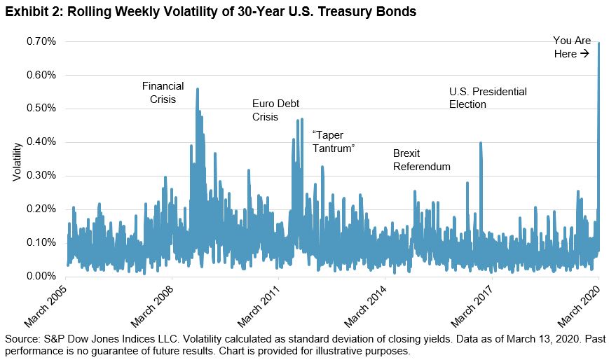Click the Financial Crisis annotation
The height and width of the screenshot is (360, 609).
[x=163, y=92]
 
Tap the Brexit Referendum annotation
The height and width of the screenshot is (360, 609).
[x=421, y=160]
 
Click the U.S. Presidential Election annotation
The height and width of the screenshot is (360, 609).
[x=487, y=98]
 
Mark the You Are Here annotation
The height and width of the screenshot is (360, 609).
[x=571, y=47]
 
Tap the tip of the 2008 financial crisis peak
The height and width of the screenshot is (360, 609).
[x=198, y=89]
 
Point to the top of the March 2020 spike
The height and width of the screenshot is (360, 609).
[x=599, y=43]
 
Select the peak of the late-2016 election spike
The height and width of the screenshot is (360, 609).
[x=481, y=143]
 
